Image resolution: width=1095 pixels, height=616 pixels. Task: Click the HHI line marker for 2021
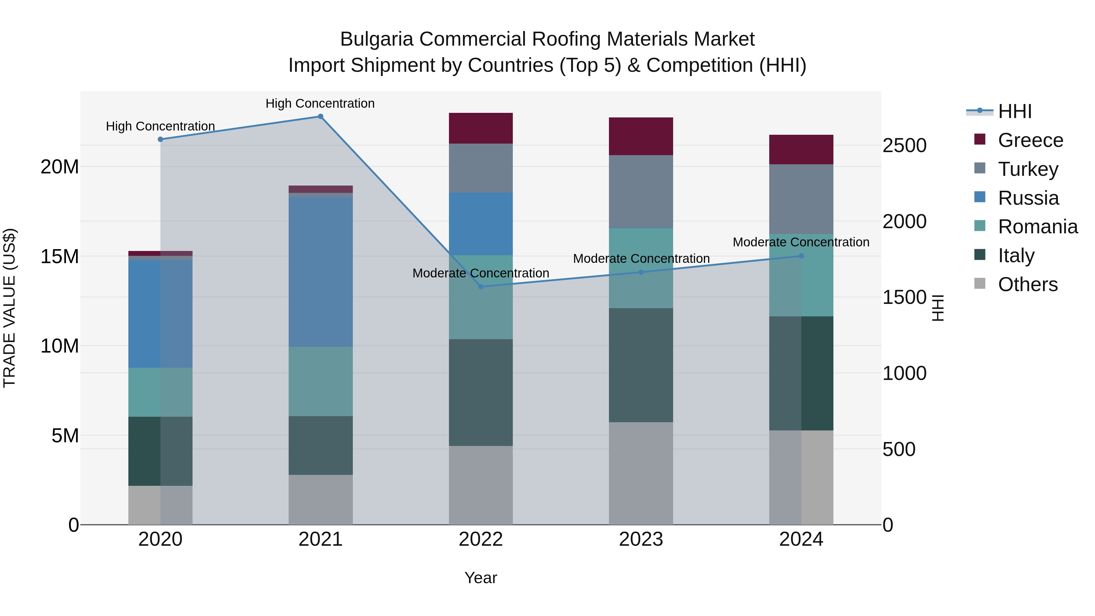tap(321, 117)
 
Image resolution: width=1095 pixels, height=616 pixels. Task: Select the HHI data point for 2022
tap(481, 287)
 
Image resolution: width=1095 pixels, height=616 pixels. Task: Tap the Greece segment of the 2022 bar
tap(481, 128)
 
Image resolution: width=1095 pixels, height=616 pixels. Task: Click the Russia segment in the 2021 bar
tap(321, 272)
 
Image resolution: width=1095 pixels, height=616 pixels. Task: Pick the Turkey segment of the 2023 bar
tap(641, 191)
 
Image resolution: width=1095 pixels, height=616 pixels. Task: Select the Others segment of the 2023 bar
tap(641, 473)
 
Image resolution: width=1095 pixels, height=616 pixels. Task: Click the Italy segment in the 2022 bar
tap(481, 392)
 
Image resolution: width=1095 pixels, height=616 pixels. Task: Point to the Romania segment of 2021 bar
tap(321, 381)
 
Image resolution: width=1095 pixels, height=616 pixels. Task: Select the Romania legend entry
tap(1037, 227)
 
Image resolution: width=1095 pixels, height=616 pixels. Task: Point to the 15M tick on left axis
tap(60, 257)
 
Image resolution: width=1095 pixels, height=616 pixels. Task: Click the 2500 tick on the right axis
tap(904, 145)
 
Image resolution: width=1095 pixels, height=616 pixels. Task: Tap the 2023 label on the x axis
tap(641, 539)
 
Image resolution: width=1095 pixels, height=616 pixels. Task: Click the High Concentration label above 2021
tap(320, 103)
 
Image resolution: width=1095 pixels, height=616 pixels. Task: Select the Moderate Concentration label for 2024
tap(801, 242)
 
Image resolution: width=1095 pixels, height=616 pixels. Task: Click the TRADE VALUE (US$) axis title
tap(9, 308)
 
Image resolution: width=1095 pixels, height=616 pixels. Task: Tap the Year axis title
tap(481, 578)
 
